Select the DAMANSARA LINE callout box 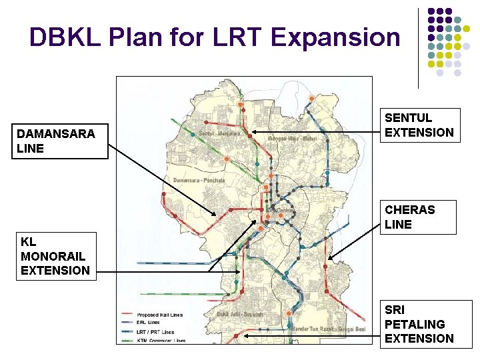point(60,141)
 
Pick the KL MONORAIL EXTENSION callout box point(55,255)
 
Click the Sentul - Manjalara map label point(221,133)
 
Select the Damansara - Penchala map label point(199,181)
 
